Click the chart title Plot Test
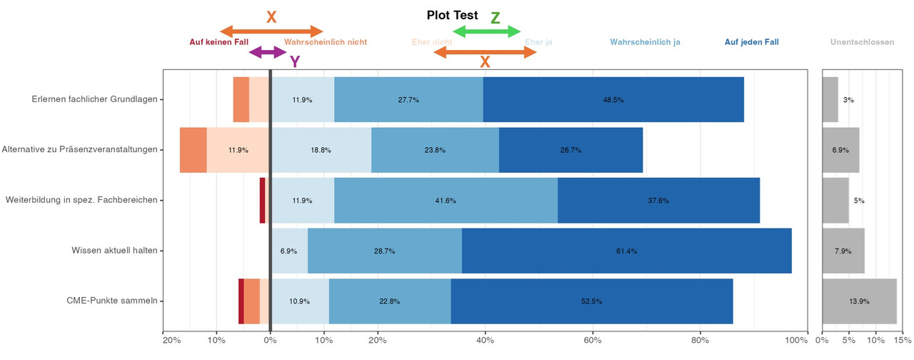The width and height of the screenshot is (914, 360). pyautogui.click(x=452, y=15)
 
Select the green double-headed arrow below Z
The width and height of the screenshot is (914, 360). pyautogui.click(x=487, y=31)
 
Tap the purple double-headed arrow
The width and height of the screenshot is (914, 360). pyautogui.click(x=268, y=52)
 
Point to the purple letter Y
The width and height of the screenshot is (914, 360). pyautogui.click(x=294, y=62)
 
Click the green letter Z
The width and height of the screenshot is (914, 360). pyautogui.click(x=495, y=19)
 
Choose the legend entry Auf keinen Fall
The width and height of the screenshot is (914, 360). pyautogui.click(x=219, y=42)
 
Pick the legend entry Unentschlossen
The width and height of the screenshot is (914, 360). pyautogui.click(x=862, y=42)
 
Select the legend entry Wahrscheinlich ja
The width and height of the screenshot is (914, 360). pyautogui.click(x=645, y=42)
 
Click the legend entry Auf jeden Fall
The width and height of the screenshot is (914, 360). pyautogui.click(x=751, y=42)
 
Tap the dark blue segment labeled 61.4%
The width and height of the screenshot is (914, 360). pyautogui.click(x=626, y=251)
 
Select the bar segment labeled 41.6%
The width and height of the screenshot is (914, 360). pyautogui.click(x=446, y=200)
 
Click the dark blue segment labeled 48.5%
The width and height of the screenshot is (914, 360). pyautogui.click(x=613, y=99)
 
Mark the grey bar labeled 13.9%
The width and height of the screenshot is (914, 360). pyautogui.click(x=859, y=301)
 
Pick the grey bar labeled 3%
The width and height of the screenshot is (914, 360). pyautogui.click(x=830, y=99)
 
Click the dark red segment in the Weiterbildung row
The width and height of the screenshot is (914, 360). pyautogui.click(x=262, y=200)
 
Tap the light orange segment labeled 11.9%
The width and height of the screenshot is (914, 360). pyautogui.click(x=238, y=150)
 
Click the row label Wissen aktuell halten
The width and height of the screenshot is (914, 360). pyautogui.click(x=114, y=251)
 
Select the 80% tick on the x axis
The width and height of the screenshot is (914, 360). pyautogui.click(x=700, y=340)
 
